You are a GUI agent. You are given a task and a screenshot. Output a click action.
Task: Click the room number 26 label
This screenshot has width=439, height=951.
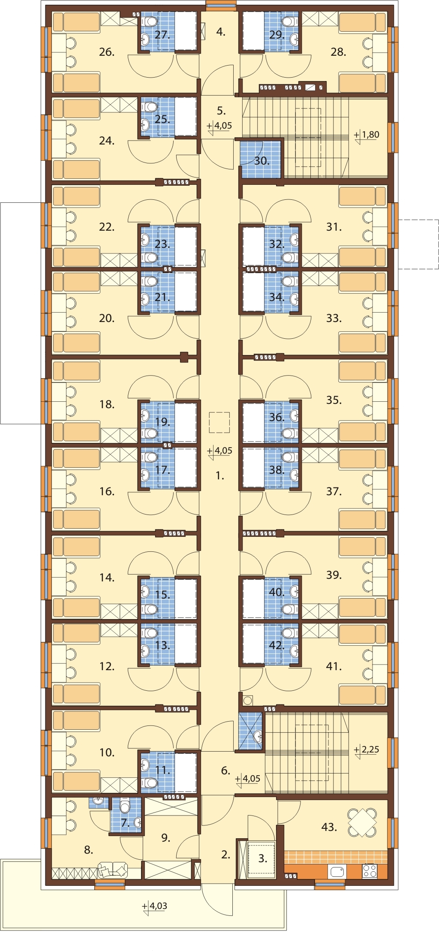click(107, 52)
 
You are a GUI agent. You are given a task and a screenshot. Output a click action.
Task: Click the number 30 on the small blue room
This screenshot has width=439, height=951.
click(262, 161)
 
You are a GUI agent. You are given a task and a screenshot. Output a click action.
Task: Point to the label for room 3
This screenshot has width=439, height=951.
click(263, 858)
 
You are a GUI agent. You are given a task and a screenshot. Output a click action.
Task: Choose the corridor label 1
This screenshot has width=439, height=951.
click(220, 475)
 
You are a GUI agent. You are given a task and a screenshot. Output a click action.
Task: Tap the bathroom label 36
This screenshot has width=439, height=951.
click(277, 417)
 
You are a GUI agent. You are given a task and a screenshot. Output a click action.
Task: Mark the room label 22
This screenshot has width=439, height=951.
click(107, 227)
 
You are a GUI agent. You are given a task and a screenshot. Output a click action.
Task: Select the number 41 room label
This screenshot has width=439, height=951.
click(334, 666)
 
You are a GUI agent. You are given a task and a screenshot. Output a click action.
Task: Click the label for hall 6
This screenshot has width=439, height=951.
click(226, 770)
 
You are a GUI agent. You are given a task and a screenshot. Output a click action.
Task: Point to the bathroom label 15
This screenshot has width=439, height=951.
click(162, 595)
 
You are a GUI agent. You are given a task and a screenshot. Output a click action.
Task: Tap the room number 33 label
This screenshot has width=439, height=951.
click(334, 318)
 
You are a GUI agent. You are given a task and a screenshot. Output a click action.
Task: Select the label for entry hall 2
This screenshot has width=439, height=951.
click(226, 855)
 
